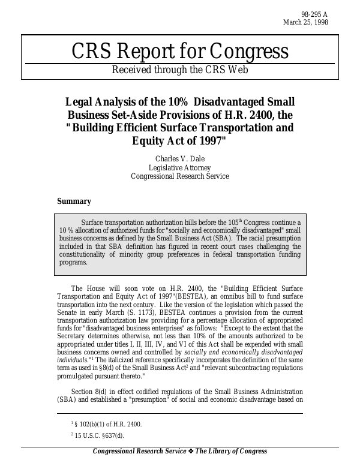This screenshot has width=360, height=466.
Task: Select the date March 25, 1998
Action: (x=305, y=22)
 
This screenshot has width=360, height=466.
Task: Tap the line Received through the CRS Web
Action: (x=179, y=69)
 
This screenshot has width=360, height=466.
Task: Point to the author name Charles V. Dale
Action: (x=179, y=159)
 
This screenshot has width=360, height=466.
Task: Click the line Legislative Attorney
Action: (x=179, y=168)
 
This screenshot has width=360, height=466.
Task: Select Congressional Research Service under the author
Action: (x=179, y=176)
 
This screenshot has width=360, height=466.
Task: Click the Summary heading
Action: (x=74, y=202)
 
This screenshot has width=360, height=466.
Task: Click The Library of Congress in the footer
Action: (x=232, y=452)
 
